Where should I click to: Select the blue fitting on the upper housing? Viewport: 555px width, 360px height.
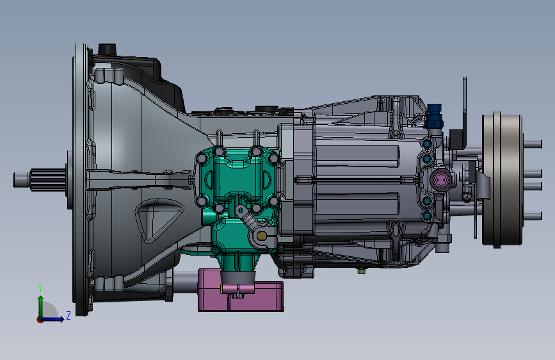[434, 116]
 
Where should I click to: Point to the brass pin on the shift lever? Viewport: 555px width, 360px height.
[262, 236]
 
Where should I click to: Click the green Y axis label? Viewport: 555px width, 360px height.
[40, 288]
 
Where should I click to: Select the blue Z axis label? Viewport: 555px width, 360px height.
[68, 315]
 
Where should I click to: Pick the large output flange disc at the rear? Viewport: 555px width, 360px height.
[502, 179]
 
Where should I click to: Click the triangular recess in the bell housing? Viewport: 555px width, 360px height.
[158, 220]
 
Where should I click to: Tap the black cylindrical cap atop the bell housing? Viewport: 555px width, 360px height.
[108, 49]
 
